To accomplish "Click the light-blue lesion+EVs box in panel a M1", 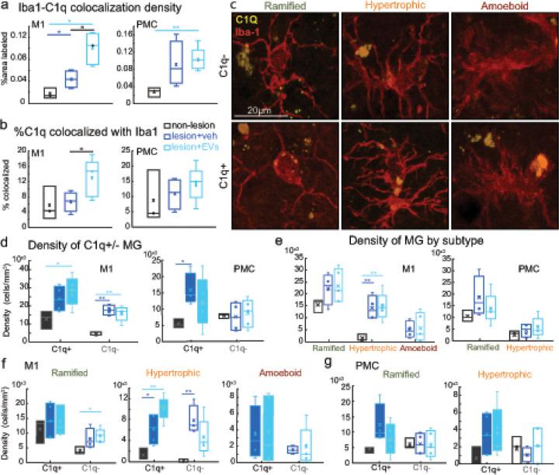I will click(x=93, y=50).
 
